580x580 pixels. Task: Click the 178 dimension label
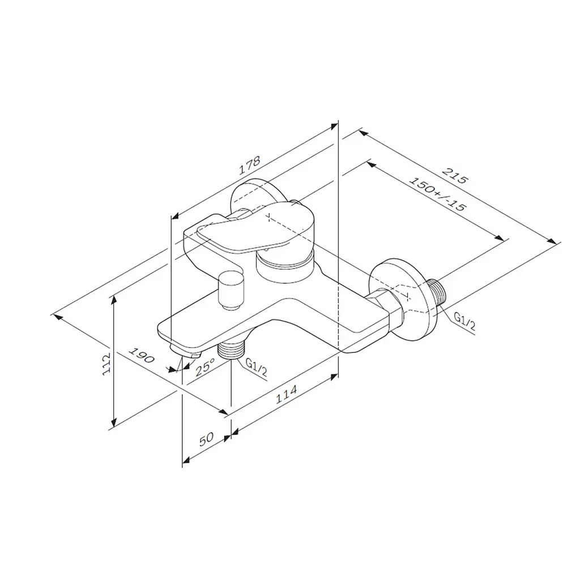click(250, 165)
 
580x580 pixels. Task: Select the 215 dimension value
click(456, 176)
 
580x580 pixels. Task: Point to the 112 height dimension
click(106, 364)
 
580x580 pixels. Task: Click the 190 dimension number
click(141, 355)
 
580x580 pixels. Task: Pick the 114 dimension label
click(286, 394)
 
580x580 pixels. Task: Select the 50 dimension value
click(206, 440)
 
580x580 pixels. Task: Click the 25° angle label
click(205, 367)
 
